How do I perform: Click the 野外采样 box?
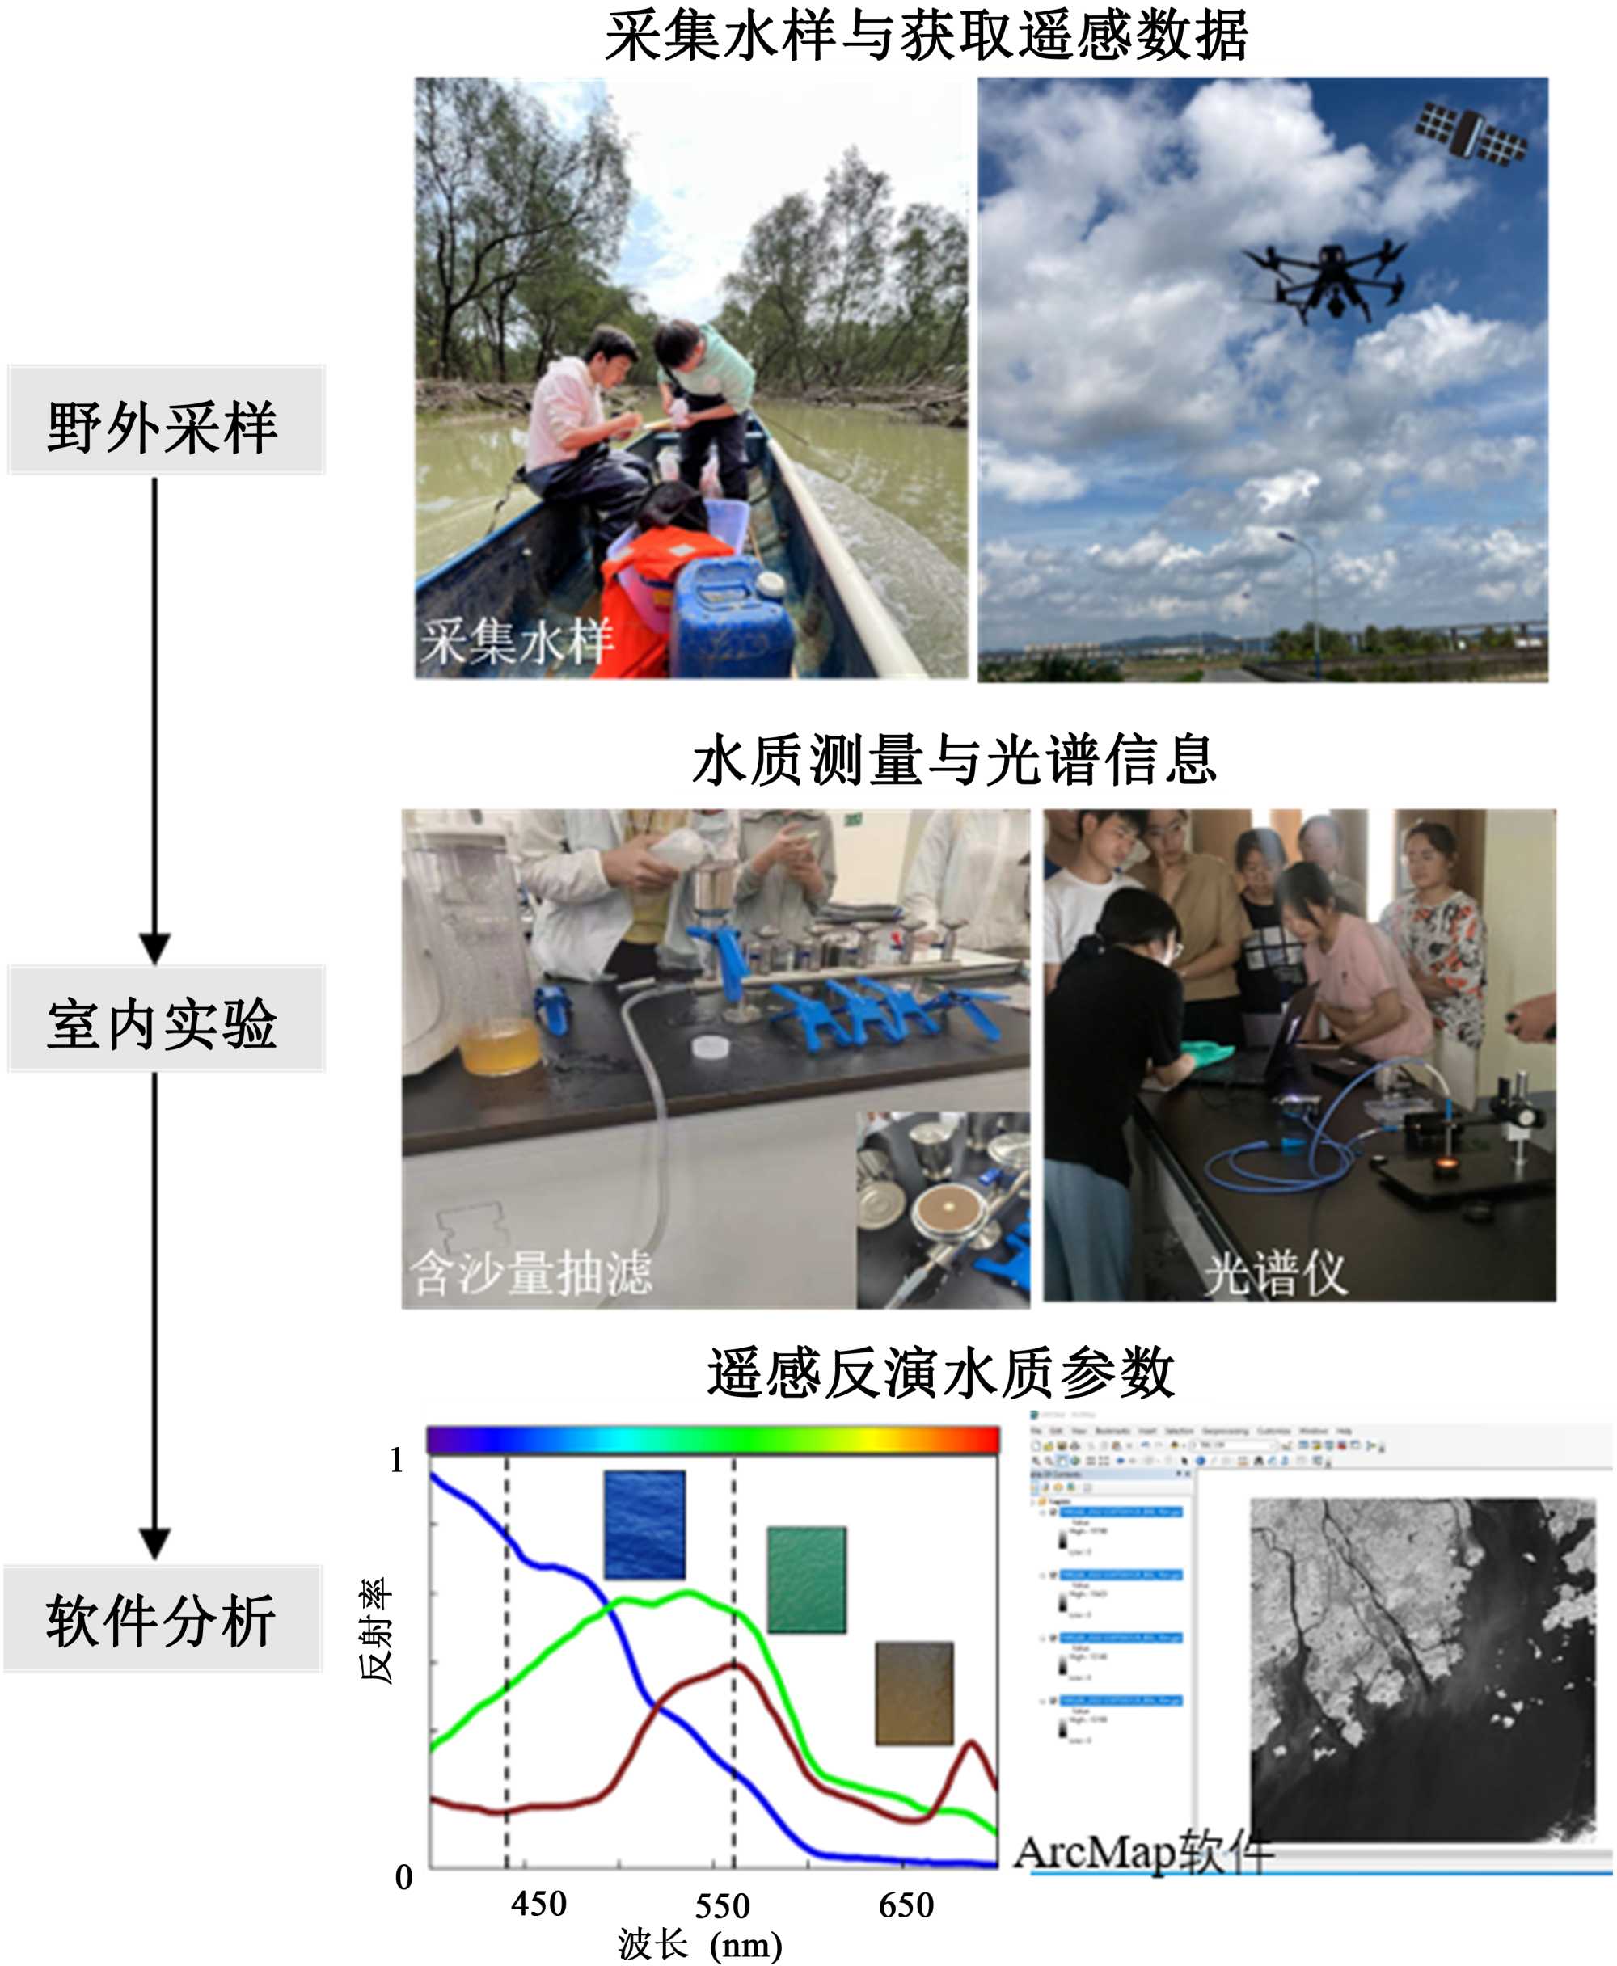point(165,421)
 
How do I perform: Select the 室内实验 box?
point(165,1021)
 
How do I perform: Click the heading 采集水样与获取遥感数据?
point(927,37)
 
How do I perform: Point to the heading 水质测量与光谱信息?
point(954,759)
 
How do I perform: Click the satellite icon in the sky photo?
point(1471,133)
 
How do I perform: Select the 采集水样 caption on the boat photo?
point(517,642)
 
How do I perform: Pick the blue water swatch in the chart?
point(644,1525)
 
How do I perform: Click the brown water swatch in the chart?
point(914,1692)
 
